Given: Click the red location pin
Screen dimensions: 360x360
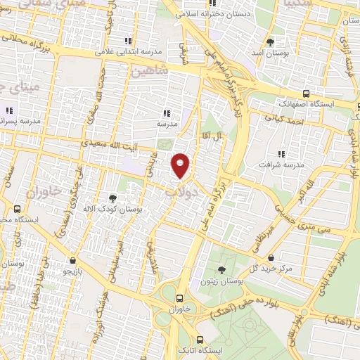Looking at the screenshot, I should pos(181,165).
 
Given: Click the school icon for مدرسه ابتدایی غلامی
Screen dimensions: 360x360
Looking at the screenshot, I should pos(127,41).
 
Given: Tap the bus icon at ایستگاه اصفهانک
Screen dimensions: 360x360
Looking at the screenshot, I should pos(306,93).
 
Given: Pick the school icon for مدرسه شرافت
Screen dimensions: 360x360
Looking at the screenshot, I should pos(282,153).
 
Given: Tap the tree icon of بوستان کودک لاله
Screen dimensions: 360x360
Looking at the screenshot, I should pos(112,198).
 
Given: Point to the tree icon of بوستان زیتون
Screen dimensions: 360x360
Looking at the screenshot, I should pos(221,269).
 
